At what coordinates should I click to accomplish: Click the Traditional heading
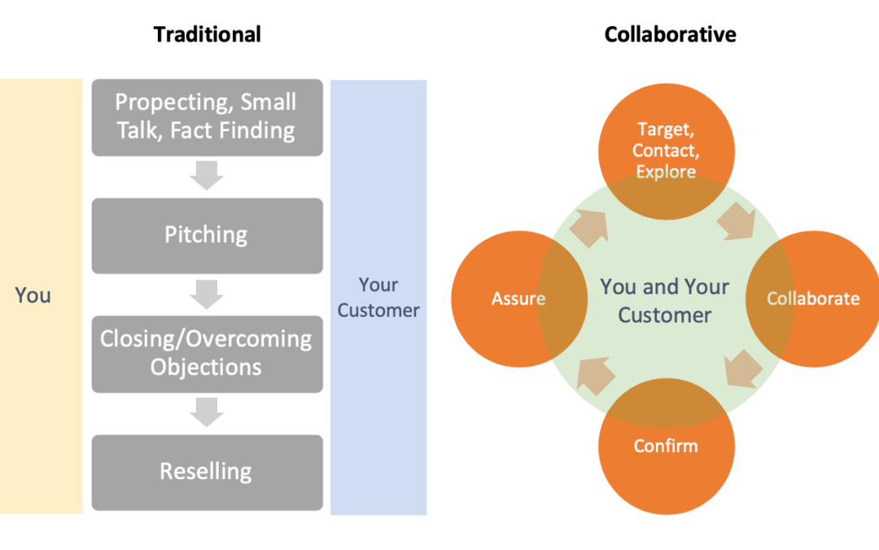(208, 34)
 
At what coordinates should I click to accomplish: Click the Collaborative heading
(670, 34)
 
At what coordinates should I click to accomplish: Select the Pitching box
(207, 235)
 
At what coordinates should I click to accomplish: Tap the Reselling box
(207, 472)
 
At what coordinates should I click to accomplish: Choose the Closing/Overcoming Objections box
(207, 353)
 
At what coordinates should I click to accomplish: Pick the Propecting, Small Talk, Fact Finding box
(207, 117)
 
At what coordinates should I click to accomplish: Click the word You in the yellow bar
(33, 296)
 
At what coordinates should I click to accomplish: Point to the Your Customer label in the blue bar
(378, 297)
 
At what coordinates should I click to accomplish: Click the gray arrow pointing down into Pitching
(207, 175)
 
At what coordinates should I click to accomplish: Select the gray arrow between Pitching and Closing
(207, 293)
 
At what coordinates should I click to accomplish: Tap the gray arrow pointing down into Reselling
(207, 412)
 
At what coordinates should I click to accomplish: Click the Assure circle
(518, 299)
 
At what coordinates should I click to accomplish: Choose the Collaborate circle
(813, 299)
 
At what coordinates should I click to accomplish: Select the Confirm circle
(666, 447)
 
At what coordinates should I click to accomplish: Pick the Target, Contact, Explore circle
(666, 150)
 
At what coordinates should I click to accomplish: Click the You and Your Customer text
(665, 301)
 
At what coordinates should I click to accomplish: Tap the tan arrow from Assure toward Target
(589, 229)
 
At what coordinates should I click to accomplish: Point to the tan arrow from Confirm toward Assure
(593, 374)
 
